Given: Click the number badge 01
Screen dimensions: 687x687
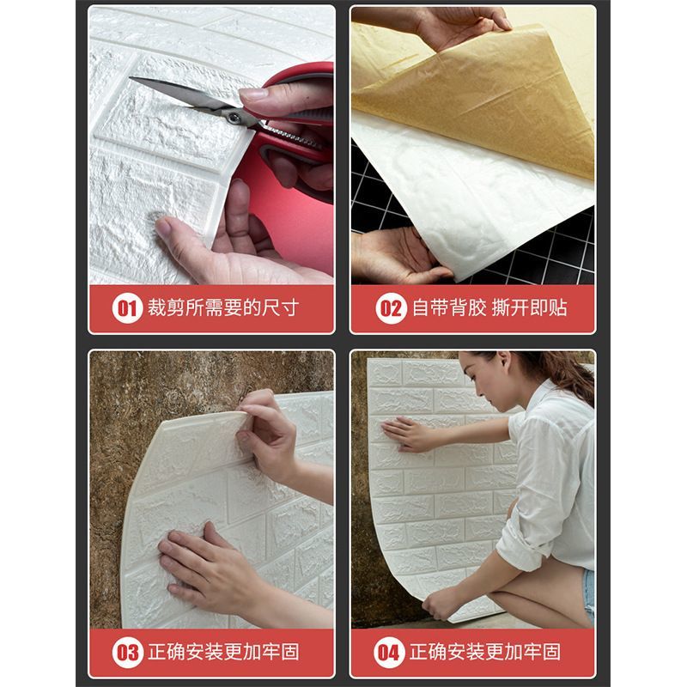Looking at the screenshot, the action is pyautogui.click(x=127, y=308).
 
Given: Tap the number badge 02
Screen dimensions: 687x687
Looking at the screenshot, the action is pyautogui.click(x=391, y=308).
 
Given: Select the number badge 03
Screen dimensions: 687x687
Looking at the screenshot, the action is pyautogui.click(x=127, y=653).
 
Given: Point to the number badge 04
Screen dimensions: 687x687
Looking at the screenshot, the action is pyautogui.click(x=389, y=653).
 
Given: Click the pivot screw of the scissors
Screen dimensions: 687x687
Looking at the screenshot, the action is pyautogui.click(x=234, y=118).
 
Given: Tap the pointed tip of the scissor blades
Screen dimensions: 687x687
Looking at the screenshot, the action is pyautogui.click(x=131, y=78).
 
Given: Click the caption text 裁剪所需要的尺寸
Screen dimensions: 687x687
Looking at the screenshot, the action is pyautogui.click(x=223, y=308).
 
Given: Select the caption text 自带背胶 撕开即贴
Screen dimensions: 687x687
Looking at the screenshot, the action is pyautogui.click(x=489, y=308).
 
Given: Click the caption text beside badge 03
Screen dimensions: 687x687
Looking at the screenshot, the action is pyautogui.click(x=223, y=652).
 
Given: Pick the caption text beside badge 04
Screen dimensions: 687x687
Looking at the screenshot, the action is pyautogui.click(x=485, y=652).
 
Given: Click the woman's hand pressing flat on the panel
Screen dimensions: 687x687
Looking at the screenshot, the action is pyautogui.click(x=403, y=434).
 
